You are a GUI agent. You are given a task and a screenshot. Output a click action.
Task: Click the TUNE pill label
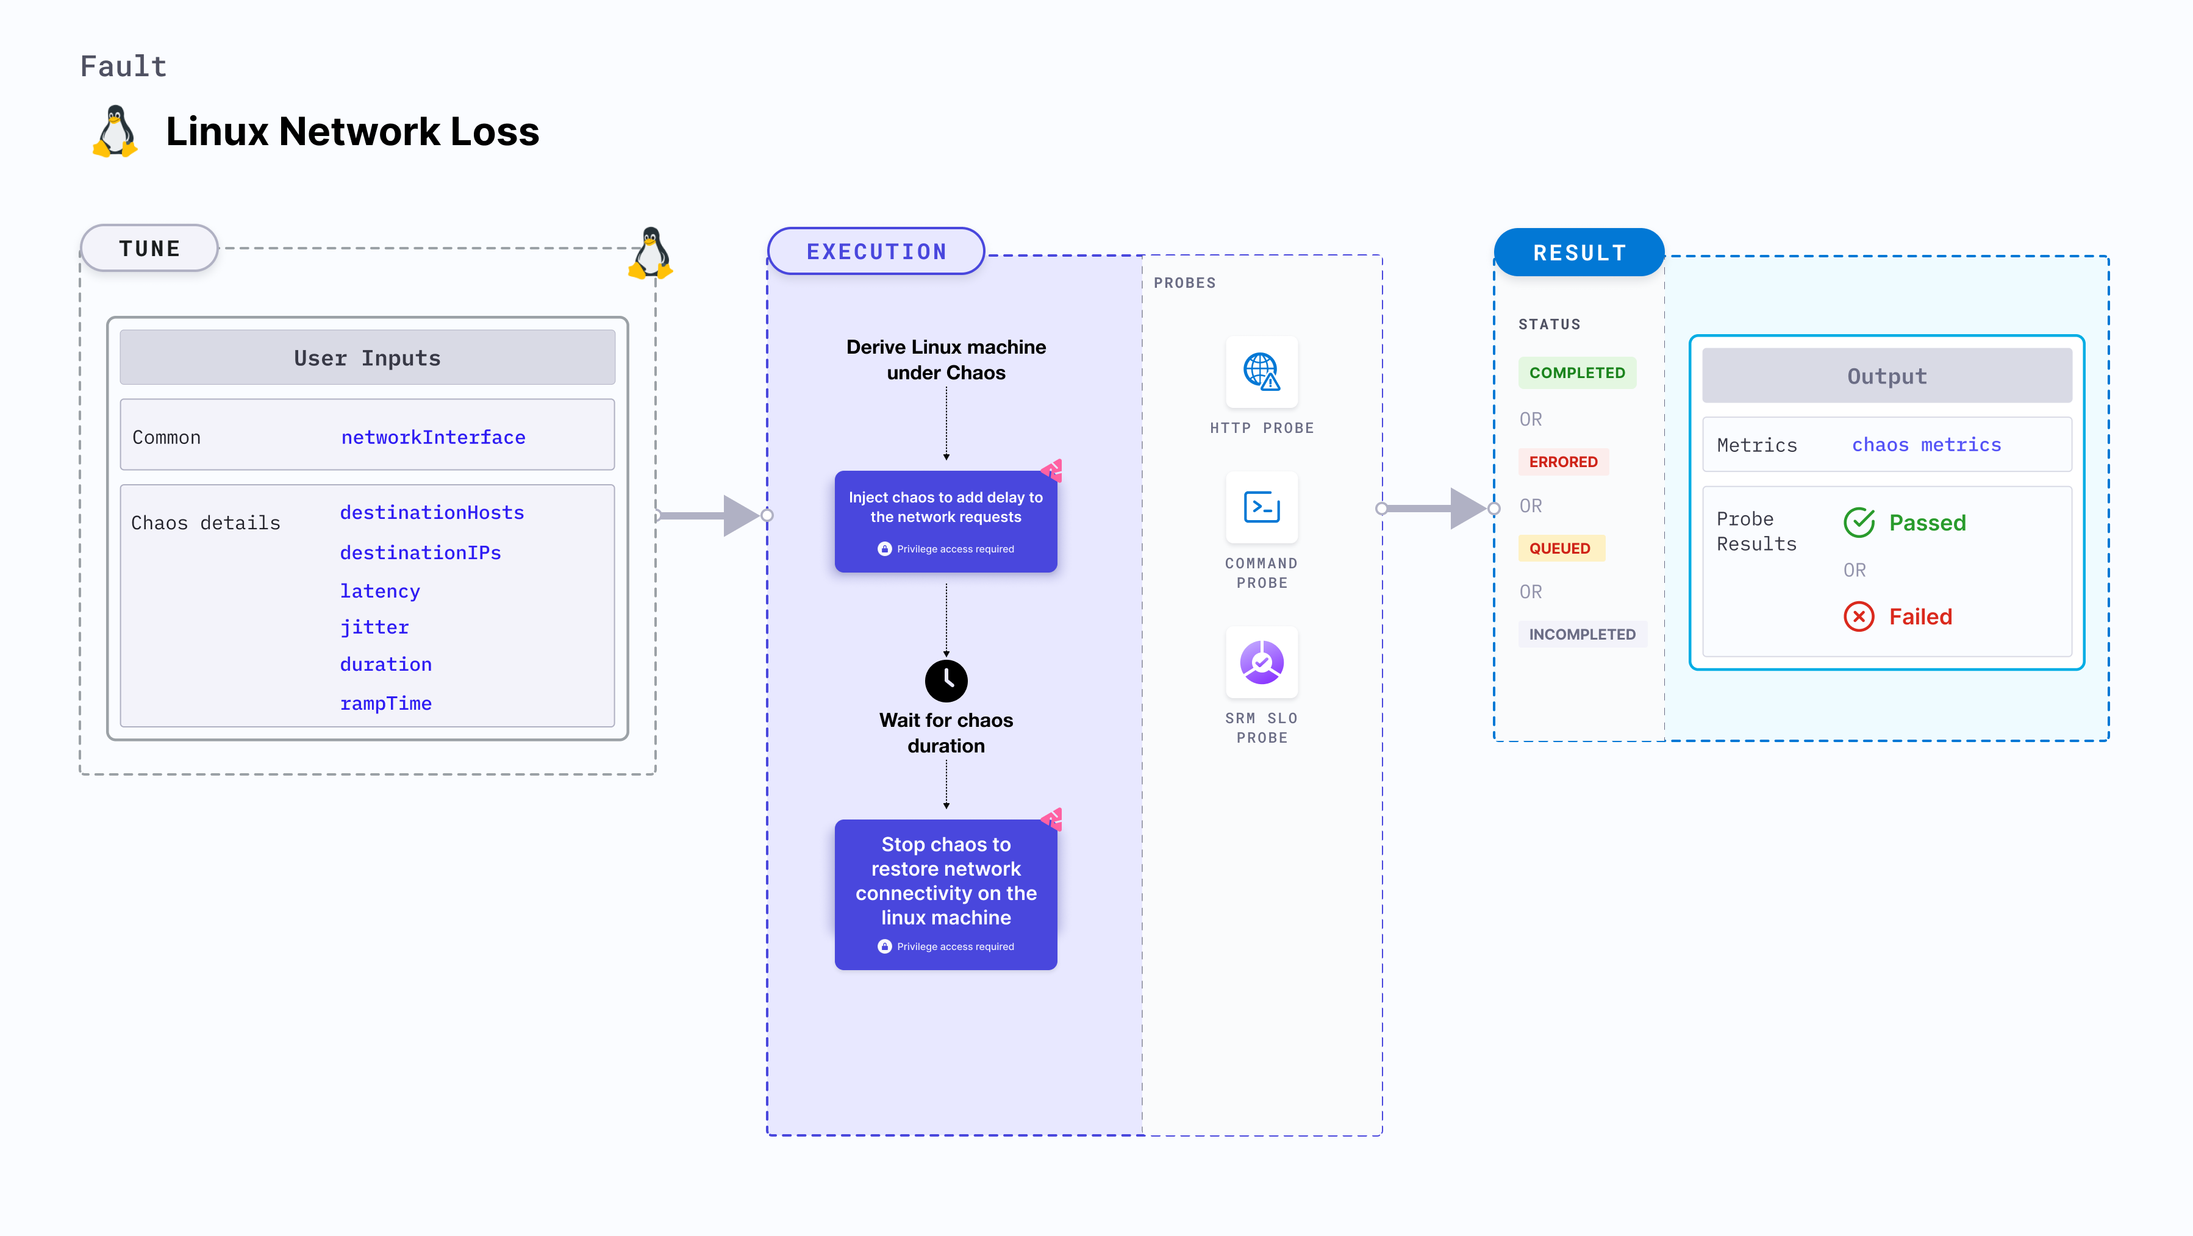click(x=150, y=249)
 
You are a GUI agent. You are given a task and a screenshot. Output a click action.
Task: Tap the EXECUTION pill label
click(x=876, y=252)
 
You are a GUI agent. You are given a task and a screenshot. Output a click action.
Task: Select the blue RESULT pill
click(x=1579, y=253)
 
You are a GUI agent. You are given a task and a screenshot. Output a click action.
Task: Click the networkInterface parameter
click(x=434, y=438)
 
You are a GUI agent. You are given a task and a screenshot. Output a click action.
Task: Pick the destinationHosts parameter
click(x=432, y=512)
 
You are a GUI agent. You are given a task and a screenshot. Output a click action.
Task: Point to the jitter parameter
click(x=374, y=627)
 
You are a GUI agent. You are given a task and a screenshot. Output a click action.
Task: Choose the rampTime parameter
click(x=385, y=704)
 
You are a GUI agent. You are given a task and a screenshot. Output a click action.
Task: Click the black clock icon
click(x=946, y=680)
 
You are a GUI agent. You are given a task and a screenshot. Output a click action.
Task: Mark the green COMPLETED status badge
click(x=1576, y=373)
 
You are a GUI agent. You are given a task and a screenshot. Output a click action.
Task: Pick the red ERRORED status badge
click(x=1563, y=462)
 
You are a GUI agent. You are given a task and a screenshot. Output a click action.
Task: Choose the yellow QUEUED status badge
click(x=1559, y=548)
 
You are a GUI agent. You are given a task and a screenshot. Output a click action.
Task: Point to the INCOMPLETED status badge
click(x=1582, y=634)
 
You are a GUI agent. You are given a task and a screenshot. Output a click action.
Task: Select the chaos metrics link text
click(x=1926, y=445)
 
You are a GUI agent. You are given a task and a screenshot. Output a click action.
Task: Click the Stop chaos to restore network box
click(x=946, y=894)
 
